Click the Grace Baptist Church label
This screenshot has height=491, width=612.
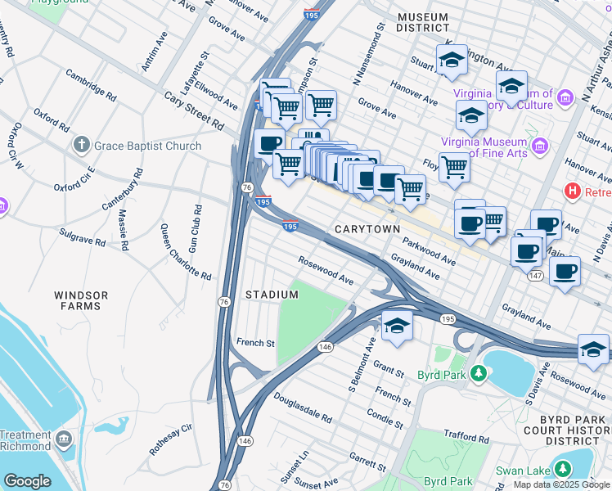click(147, 146)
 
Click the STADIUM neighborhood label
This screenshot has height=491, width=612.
click(272, 295)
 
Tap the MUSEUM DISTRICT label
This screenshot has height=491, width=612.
click(423, 22)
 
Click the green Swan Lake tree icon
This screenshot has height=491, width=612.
click(563, 469)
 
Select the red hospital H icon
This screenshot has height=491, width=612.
click(573, 191)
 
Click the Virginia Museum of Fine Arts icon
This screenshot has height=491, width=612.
click(539, 146)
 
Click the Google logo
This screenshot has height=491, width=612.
click(27, 480)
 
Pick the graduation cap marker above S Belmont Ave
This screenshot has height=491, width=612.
click(396, 324)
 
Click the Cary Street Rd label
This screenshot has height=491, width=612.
click(194, 110)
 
